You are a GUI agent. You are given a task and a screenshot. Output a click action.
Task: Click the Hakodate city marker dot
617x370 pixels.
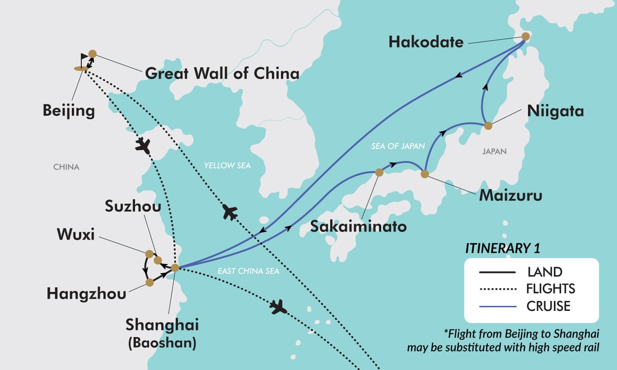525,36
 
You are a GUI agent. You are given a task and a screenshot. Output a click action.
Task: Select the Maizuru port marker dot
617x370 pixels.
425,174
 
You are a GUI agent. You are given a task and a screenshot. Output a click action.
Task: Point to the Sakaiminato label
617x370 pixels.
358,227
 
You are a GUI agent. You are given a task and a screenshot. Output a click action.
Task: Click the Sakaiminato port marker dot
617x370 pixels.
379,173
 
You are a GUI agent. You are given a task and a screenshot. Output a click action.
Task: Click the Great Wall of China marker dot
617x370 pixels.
93,53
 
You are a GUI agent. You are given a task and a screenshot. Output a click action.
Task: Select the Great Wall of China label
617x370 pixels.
222,73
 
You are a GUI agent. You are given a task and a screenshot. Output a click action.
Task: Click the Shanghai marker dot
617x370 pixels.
175,268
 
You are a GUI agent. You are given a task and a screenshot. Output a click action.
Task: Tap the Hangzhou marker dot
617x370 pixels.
150,283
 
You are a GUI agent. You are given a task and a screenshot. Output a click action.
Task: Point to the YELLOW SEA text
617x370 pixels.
227,165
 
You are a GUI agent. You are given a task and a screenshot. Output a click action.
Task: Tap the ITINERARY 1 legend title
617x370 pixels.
502,248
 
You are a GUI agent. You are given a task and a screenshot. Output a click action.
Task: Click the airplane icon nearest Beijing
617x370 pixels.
142,145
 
